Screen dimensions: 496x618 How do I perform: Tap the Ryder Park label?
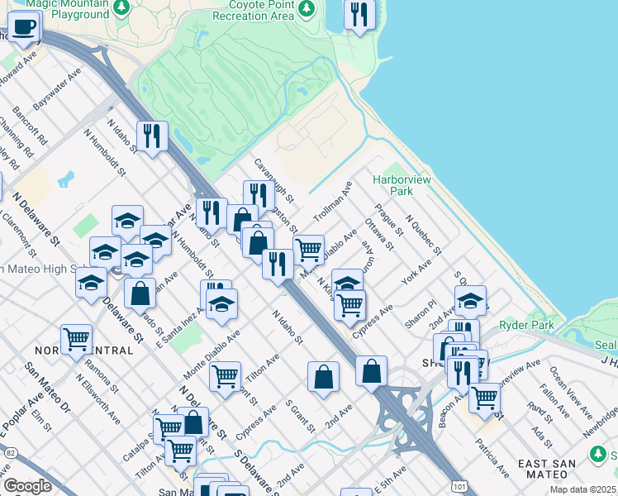coord(532,325)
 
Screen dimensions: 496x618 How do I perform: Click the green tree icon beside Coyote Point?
coord(307,8)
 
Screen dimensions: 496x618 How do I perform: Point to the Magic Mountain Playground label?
coord(67,9)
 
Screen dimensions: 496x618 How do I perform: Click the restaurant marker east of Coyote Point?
coord(359,15)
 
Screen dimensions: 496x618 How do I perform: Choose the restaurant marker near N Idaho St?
coord(151,135)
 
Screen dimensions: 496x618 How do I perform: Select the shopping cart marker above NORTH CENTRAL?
coord(76,338)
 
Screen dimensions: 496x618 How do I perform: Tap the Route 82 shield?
coord(9,452)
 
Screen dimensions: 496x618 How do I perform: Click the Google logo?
coord(27,485)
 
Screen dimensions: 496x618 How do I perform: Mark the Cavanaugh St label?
coord(273,181)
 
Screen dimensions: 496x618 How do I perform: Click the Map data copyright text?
coord(583,489)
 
